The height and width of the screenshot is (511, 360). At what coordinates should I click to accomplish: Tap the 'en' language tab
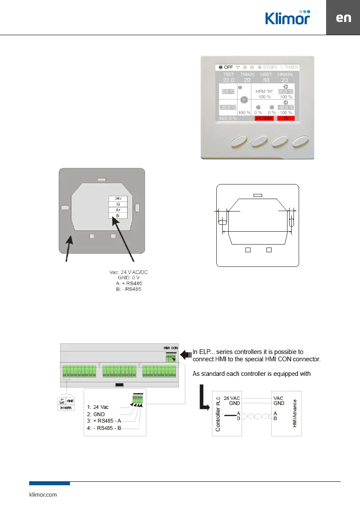pyautogui.click(x=343, y=18)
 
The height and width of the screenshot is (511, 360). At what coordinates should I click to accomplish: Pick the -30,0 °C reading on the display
pyautogui.click(x=285, y=107)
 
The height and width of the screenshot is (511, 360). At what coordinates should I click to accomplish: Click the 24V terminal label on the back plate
pyautogui.click(x=118, y=198)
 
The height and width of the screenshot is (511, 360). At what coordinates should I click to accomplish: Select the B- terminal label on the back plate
pyautogui.click(x=118, y=216)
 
